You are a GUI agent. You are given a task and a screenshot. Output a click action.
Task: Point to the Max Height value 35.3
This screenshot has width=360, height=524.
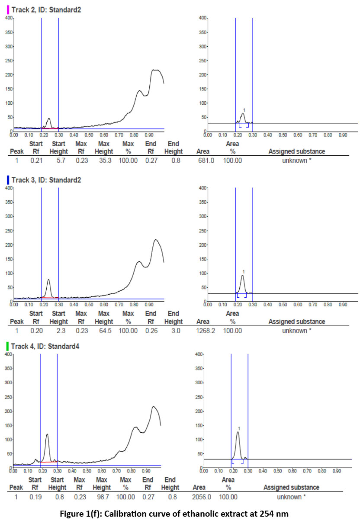click(x=103, y=160)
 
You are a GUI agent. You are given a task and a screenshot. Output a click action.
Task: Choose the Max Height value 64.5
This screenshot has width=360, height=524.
click(x=103, y=330)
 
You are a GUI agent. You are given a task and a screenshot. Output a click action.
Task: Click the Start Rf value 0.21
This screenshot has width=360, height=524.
click(x=35, y=160)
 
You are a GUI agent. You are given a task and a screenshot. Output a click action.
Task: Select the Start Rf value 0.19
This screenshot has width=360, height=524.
click(x=35, y=497)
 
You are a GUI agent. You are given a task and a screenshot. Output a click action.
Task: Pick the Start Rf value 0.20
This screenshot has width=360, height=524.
click(x=35, y=330)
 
